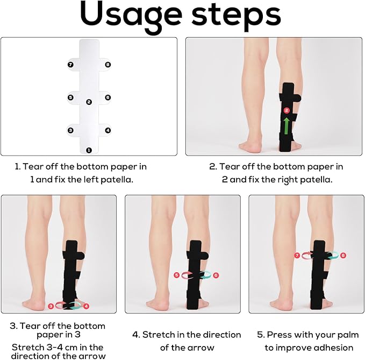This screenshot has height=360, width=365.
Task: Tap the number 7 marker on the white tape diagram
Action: pos(70,65)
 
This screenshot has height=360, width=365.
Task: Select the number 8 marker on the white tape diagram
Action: pos(108,65)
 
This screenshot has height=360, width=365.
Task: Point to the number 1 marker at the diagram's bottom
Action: pos(89,150)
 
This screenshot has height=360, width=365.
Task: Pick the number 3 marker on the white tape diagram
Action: pos(70,130)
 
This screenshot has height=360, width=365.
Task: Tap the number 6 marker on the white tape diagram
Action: pos(108,97)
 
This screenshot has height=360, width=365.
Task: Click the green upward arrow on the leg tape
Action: pos(287,126)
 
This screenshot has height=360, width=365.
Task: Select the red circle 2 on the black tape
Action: pos(287,110)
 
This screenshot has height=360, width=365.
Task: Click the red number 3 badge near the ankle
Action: pos(51,306)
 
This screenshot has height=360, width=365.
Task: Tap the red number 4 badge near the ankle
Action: pos(85,306)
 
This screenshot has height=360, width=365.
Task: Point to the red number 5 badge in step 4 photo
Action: pos(176,275)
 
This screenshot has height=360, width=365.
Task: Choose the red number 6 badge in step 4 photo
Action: pos(216,275)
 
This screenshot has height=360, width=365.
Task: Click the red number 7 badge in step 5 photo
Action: pos(296,255)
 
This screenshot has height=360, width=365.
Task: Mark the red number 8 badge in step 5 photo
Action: pos(343,255)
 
